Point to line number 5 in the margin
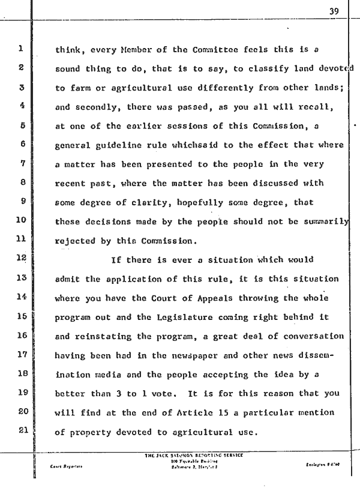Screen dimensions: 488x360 tap(21, 127)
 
